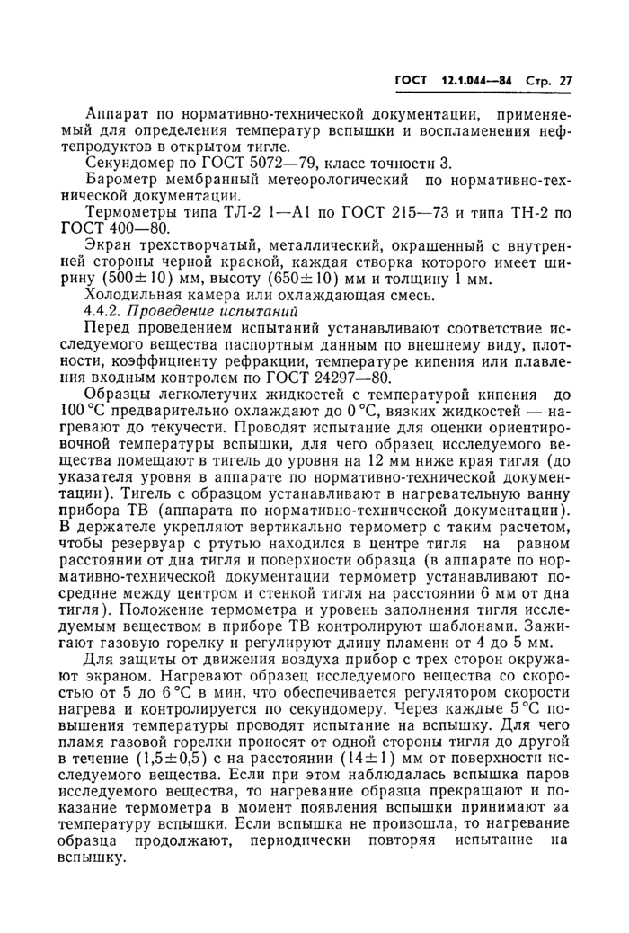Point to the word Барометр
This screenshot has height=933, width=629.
click(x=122, y=183)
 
